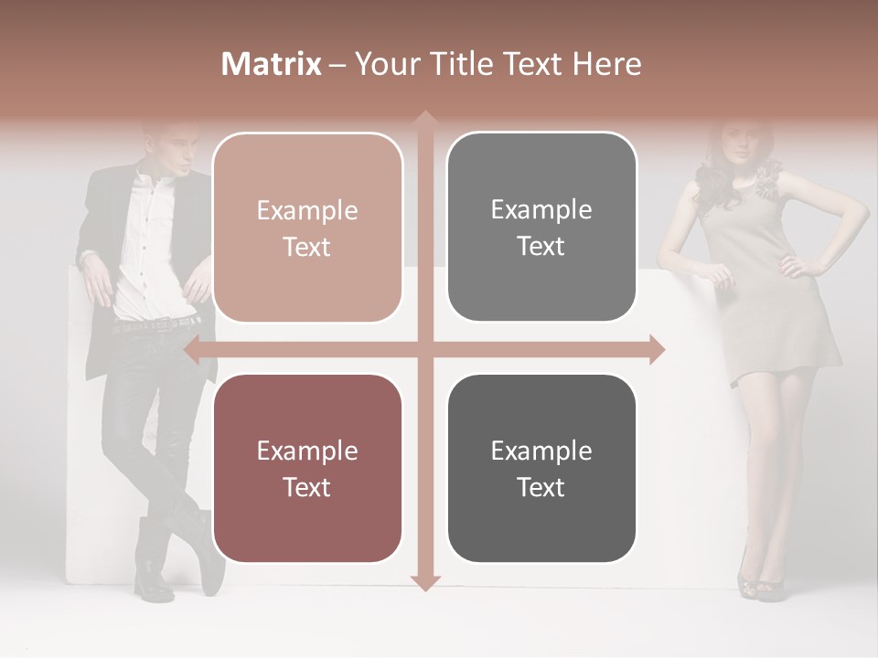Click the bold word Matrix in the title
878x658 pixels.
(x=272, y=64)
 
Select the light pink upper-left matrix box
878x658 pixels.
(x=307, y=228)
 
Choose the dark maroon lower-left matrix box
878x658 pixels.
(x=307, y=468)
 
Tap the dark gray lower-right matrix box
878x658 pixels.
(x=541, y=468)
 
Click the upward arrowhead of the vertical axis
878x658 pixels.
(x=424, y=118)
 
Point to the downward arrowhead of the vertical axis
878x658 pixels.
(x=424, y=583)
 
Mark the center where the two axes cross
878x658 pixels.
(x=424, y=349)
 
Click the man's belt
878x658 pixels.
(x=155, y=324)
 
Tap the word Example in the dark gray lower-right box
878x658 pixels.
(x=541, y=451)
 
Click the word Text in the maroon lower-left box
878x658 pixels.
(x=307, y=487)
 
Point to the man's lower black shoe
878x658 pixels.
(x=154, y=585)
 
